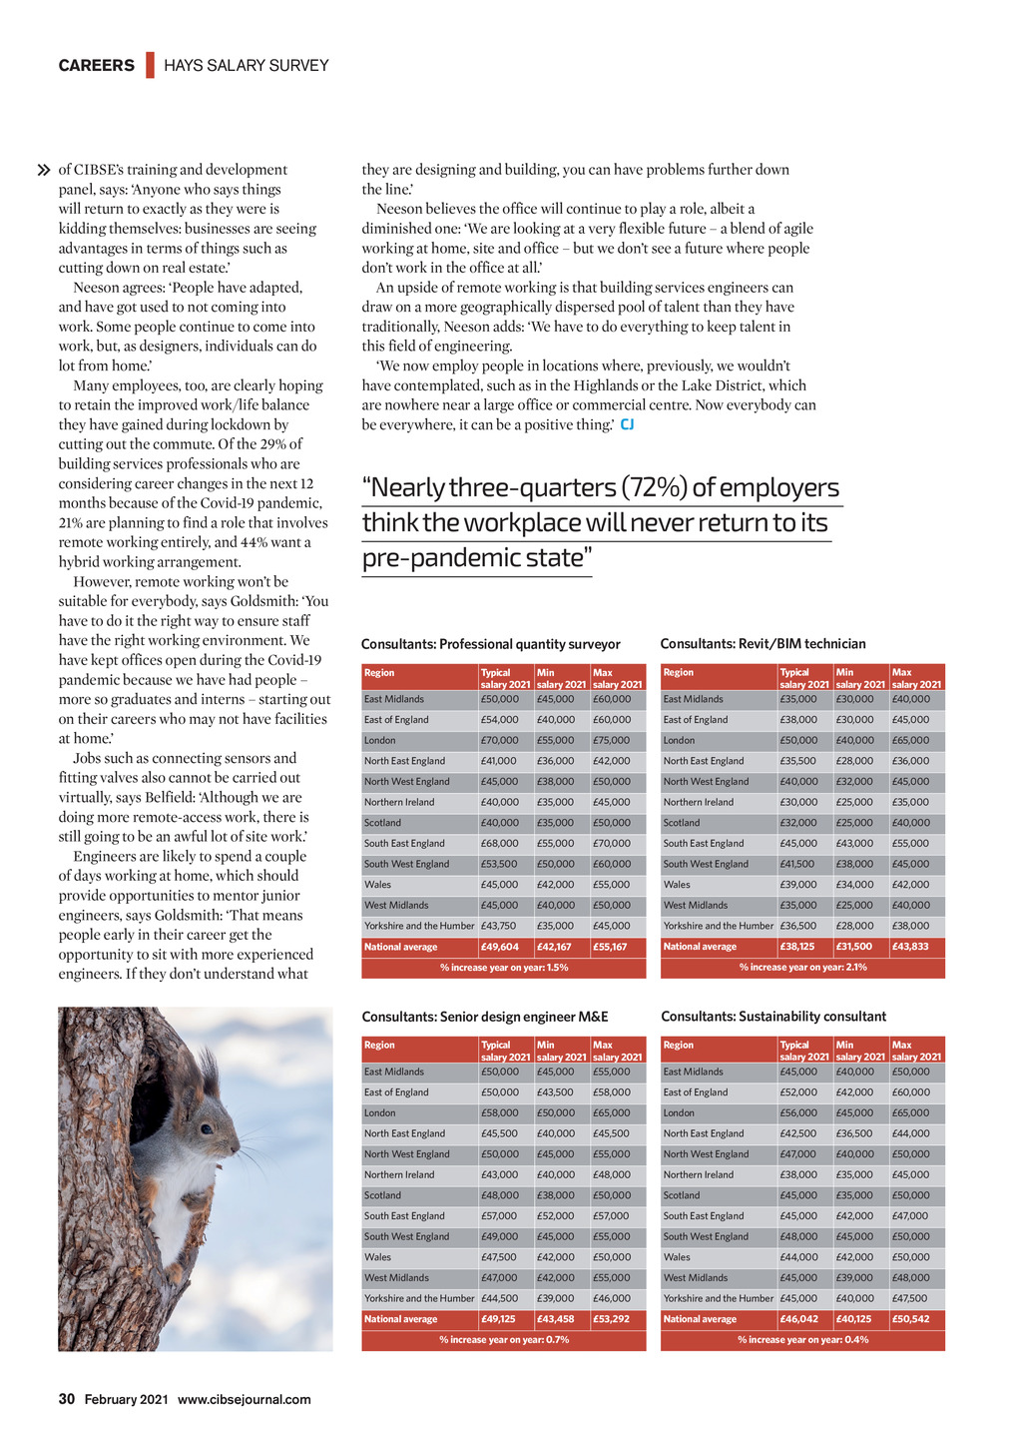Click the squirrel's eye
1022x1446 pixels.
[206, 1128]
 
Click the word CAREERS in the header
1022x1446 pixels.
[96, 66]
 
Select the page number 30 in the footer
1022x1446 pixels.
[67, 1399]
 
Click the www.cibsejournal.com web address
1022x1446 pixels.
[245, 1399]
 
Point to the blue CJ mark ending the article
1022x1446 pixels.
[627, 424]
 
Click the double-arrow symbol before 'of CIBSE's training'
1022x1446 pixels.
[44, 171]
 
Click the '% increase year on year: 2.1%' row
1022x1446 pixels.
[802, 967]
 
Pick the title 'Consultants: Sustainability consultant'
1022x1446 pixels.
[773, 1017]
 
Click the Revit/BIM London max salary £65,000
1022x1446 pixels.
[911, 740]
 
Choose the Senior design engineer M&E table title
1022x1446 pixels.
[485, 1017]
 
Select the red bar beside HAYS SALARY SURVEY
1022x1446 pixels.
[150, 66]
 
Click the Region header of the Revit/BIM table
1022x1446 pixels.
[679, 673]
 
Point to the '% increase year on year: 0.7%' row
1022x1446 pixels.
[504, 1339]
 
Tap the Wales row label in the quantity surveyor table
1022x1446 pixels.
[378, 885]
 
